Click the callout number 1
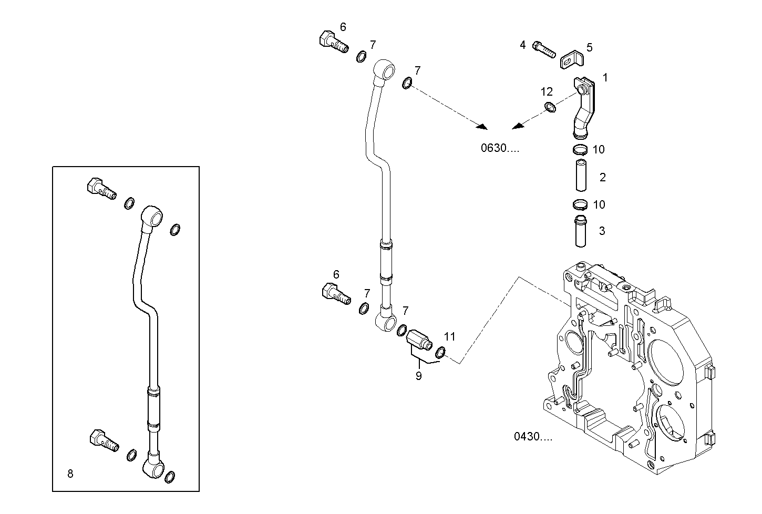pos(605,78)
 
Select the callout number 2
pos(602,177)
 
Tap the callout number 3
pos(602,231)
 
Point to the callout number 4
pos(522,45)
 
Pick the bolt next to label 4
pos(544,49)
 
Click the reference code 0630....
pos(500,148)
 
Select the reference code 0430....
pos(533,437)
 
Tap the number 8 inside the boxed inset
pos(70,474)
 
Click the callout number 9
pos(418,376)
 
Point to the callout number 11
pos(450,336)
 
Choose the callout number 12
pos(547,92)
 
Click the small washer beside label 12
pos(550,107)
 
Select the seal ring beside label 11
pos(441,352)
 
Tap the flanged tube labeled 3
pos(580,231)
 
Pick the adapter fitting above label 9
pos(419,338)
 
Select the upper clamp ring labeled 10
pos(580,150)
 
